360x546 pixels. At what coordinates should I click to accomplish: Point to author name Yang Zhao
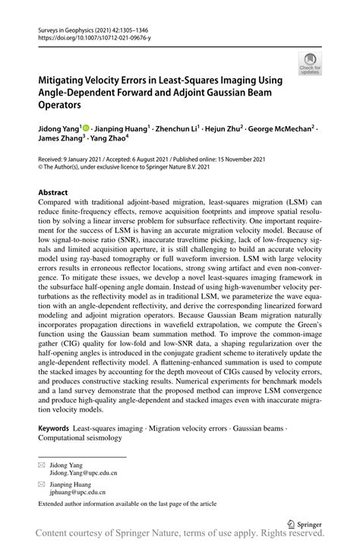click(107, 142)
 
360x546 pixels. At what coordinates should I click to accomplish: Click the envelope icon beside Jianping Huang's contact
click(43, 484)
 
